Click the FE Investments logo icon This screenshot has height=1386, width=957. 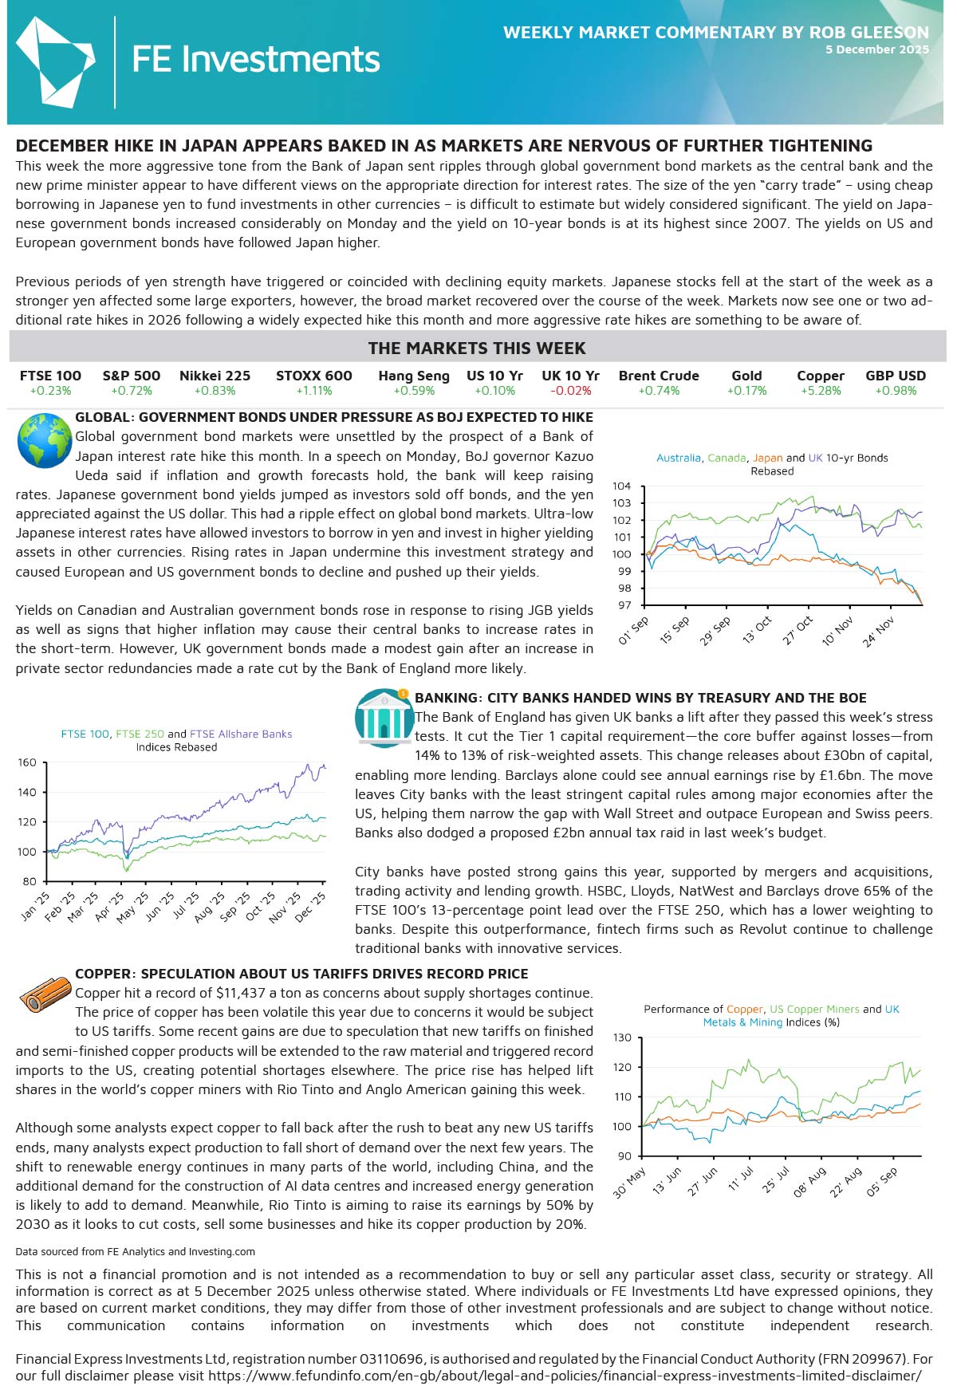[x=54, y=61]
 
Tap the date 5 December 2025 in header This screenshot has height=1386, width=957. [x=876, y=49]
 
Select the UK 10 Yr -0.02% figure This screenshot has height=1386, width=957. [x=570, y=391]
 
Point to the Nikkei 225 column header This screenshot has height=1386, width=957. [x=215, y=376]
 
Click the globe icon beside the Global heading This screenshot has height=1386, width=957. [x=45, y=440]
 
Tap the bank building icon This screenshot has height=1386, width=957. [x=384, y=718]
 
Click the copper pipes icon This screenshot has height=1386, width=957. [x=45, y=996]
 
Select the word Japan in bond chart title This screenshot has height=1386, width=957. [x=767, y=458]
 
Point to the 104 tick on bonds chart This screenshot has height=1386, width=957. [x=621, y=486]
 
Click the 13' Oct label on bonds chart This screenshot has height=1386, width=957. [x=757, y=631]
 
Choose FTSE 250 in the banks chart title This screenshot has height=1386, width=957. [x=140, y=734]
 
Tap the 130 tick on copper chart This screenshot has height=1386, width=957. [x=622, y=1038]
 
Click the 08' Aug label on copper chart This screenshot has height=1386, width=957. [x=809, y=1183]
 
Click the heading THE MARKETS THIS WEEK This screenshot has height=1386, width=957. [x=477, y=348]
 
